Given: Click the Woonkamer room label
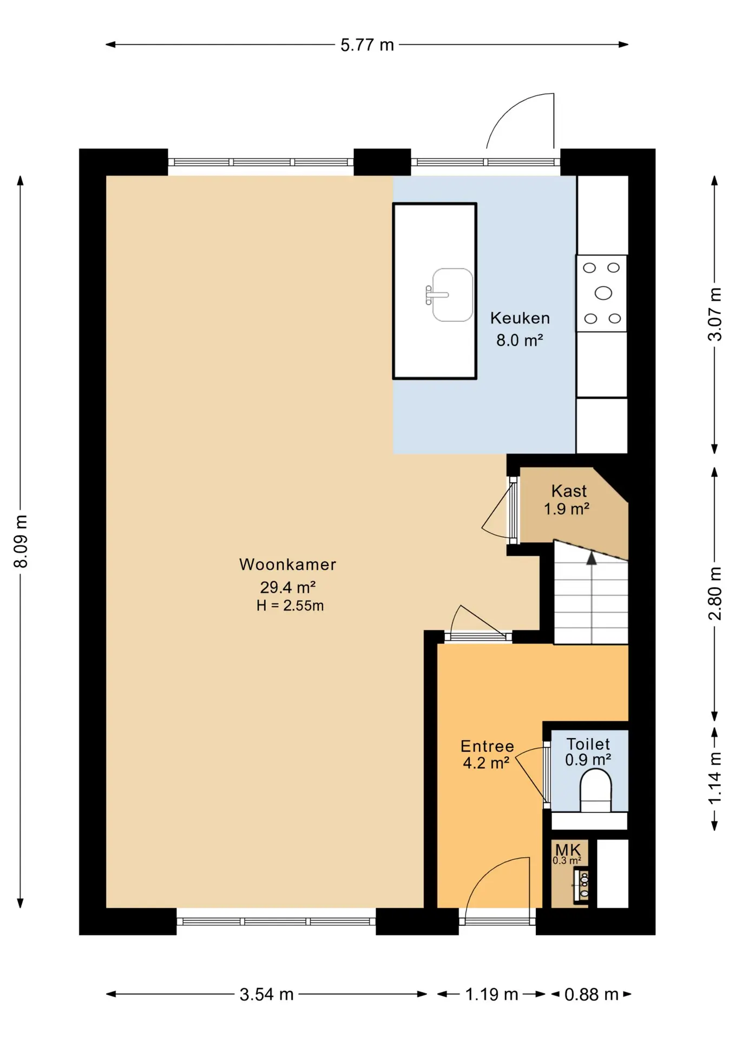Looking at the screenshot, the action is (287, 564).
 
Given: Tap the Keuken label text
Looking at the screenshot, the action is (520, 318).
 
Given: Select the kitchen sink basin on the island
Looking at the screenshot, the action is (452, 295).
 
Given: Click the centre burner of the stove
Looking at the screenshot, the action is (603, 293).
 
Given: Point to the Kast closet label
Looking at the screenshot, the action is (569, 491).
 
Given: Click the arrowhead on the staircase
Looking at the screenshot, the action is (592, 558).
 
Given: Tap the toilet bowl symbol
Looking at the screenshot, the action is (595, 791).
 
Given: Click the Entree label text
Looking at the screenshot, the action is (487, 746).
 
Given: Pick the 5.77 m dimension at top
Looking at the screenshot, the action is (367, 45).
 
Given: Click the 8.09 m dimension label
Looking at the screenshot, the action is (21, 541).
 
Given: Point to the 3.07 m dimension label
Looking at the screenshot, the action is (715, 314).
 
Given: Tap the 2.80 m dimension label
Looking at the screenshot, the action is (715, 594).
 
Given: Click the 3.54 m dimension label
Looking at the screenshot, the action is (266, 994).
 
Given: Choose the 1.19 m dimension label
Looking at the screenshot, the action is (491, 994).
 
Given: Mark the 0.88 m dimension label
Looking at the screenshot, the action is (591, 994).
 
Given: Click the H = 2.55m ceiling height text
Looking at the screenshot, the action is (290, 606).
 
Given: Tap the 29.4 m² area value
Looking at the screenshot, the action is (287, 587).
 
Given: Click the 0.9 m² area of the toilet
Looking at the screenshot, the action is (588, 760).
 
